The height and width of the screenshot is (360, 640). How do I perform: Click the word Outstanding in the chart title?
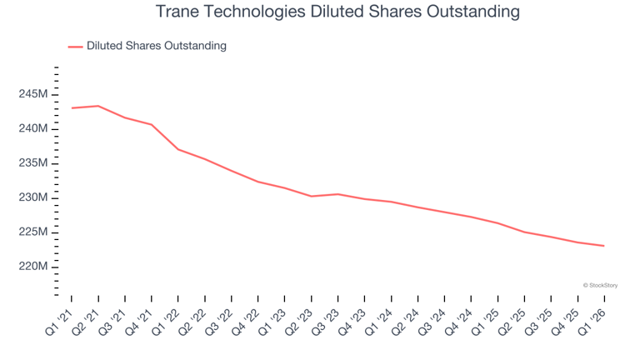tap(473, 12)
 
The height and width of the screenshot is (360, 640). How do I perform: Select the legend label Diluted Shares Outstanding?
tap(157, 46)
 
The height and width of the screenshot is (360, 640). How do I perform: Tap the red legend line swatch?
tap(76, 47)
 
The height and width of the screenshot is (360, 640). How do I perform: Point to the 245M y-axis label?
tap(33, 94)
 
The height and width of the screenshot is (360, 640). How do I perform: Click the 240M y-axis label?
tap(33, 128)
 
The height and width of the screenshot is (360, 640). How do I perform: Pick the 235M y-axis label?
tap(33, 162)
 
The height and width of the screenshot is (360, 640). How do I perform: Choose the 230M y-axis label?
tap(33, 197)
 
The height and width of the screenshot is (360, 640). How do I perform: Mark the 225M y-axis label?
tap(33, 232)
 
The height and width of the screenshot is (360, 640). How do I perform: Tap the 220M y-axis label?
tap(33, 267)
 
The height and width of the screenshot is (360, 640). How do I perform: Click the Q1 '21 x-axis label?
tap(59, 322)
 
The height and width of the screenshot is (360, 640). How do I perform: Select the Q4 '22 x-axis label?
tap(246, 322)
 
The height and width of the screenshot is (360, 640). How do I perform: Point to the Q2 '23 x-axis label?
tap(299, 322)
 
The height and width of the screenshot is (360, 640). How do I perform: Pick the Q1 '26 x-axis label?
tap(592, 322)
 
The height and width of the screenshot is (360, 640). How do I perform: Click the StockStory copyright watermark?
tap(600, 285)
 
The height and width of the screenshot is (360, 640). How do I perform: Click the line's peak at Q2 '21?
tap(98, 106)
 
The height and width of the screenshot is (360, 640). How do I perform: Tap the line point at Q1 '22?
tap(178, 149)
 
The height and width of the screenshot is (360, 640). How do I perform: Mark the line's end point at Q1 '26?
tap(604, 246)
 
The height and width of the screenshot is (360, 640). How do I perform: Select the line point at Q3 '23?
tap(338, 194)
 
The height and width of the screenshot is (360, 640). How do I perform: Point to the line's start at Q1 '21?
tap(72, 108)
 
